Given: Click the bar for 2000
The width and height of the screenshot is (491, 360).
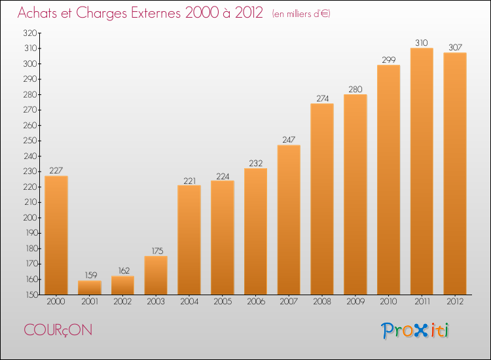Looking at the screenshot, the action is (56, 235).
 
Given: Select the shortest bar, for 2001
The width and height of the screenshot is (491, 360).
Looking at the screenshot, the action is (90, 287).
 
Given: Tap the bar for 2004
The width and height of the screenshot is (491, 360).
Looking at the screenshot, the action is (189, 240).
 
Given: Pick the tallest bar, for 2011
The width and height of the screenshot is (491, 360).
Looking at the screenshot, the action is (422, 171).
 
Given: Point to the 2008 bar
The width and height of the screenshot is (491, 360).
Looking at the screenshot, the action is (322, 199).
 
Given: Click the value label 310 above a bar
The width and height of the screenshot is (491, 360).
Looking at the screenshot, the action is (422, 43).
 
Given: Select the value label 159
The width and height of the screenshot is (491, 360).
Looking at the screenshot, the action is (91, 275).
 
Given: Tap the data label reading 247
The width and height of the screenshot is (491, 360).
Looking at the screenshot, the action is (289, 139).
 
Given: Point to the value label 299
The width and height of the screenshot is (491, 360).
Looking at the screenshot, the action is (389, 60).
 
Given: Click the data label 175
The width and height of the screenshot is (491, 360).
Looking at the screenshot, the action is (158, 251).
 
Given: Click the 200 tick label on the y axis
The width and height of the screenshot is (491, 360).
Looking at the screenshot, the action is (30, 217).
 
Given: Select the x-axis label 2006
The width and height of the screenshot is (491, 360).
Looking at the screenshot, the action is (256, 301).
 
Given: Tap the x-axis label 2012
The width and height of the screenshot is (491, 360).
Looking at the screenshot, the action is (455, 301).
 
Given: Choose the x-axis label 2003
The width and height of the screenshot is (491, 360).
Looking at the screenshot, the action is (156, 301).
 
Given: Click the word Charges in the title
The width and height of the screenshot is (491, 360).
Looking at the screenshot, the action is (101, 13).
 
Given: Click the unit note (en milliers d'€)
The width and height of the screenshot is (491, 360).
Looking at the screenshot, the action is (301, 14).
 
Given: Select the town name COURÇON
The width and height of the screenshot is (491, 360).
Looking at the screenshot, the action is (58, 331).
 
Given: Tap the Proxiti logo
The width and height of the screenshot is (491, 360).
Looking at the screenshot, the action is (415, 331).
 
